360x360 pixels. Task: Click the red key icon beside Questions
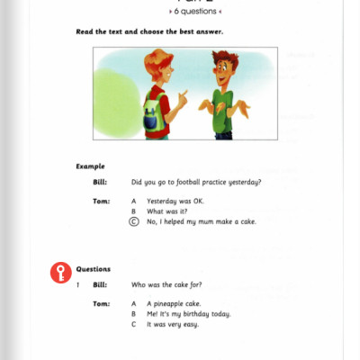(x=61, y=274)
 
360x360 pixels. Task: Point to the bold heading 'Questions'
(x=94, y=269)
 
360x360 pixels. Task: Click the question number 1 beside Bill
(x=78, y=284)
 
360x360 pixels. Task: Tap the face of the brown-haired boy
(x=220, y=69)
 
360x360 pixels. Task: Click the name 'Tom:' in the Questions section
(x=102, y=303)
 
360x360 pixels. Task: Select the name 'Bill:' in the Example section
(x=100, y=183)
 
